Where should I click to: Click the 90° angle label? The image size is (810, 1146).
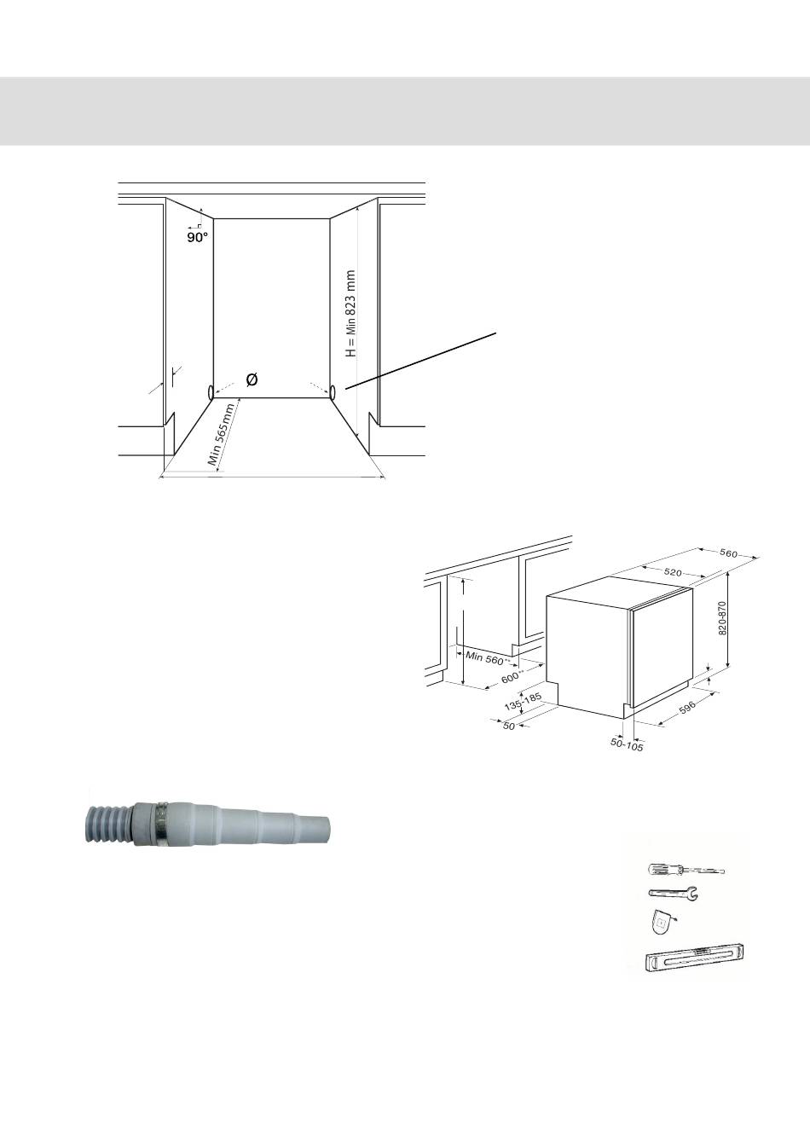[x=198, y=237]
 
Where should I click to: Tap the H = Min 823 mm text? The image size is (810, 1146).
[x=350, y=314]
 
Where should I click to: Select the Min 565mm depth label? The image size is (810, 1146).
[x=221, y=434]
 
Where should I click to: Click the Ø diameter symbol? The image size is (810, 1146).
[x=252, y=379]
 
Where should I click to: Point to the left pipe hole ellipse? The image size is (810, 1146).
[x=211, y=393]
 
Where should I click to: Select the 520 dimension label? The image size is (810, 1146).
[x=673, y=572]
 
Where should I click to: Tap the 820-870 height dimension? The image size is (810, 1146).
[x=722, y=617]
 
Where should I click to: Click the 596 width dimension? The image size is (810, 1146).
[x=686, y=707]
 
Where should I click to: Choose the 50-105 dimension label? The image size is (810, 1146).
[x=627, y=745]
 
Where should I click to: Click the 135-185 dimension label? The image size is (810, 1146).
[x=523, y=702]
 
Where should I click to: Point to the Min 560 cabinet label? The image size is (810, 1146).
[x=486, y=658]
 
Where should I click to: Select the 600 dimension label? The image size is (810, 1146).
[x=512, y=676]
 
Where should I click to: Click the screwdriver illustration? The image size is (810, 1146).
[x=686, y=869]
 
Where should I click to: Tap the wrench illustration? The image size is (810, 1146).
[x=673, y=893]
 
